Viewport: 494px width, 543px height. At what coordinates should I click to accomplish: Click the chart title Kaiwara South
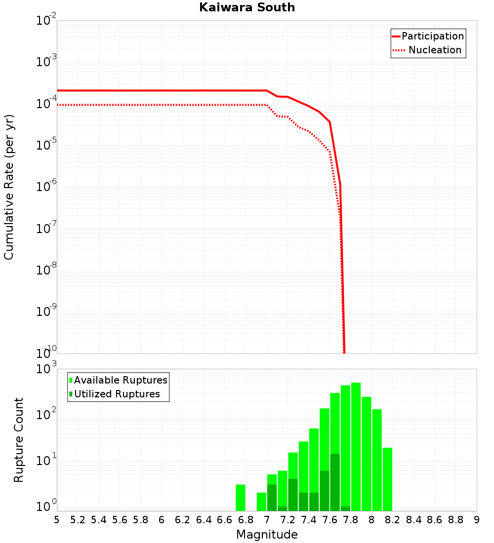[x=247, y=7]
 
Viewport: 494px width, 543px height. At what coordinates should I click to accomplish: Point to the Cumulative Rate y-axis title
[x=9, y=187]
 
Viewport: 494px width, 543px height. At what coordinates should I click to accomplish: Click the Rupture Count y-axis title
[x=19, y=439]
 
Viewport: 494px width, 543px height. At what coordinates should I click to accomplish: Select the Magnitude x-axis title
[x=267, y=535]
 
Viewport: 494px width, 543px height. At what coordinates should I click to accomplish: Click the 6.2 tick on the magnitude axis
[x=183, y=520]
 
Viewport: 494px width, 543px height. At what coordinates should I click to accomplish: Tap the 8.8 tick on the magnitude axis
[x=455, y=520]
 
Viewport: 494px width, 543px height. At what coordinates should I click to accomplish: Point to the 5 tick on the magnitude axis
[x=57, y=520]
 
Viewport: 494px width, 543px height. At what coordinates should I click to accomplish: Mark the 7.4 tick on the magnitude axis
[x=309, y=520]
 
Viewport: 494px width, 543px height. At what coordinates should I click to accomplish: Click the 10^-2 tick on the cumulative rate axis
[x=46, y=21]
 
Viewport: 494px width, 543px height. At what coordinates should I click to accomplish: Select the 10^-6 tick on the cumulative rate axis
[x=46, y=187]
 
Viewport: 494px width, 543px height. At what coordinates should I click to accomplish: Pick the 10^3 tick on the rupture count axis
[x=46, y=369]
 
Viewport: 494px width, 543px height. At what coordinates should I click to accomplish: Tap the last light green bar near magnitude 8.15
[x=387, y=479]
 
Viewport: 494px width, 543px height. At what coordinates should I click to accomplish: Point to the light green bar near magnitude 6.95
[x=261, y=502]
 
